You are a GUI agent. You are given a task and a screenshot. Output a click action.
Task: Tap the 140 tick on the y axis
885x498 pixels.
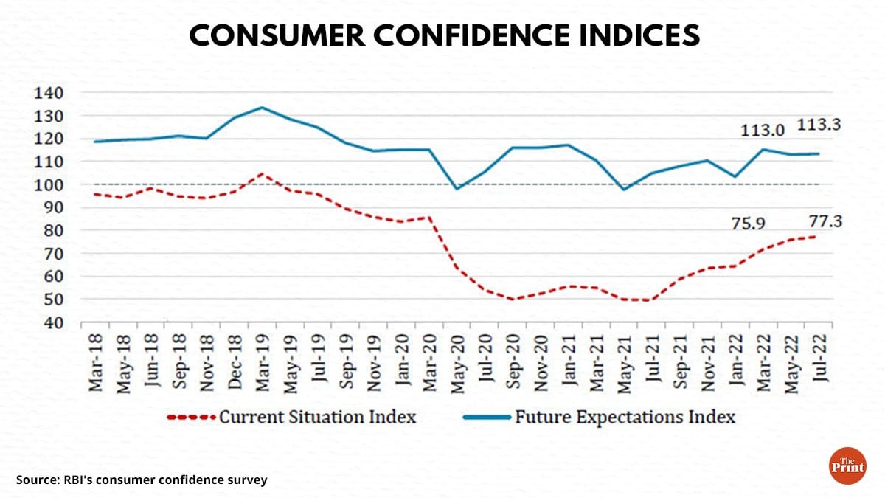coord(49,93)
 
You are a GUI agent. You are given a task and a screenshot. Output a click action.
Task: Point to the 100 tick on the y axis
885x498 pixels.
coord(49,184)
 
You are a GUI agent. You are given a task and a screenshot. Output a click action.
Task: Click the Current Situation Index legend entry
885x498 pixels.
coord(318,417)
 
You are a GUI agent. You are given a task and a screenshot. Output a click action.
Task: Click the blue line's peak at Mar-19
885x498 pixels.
coord(261,108)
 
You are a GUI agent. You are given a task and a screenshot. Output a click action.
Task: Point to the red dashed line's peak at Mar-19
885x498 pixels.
coord(261,174)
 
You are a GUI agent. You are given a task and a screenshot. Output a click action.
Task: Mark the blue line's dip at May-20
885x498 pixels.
coord(457,189)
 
